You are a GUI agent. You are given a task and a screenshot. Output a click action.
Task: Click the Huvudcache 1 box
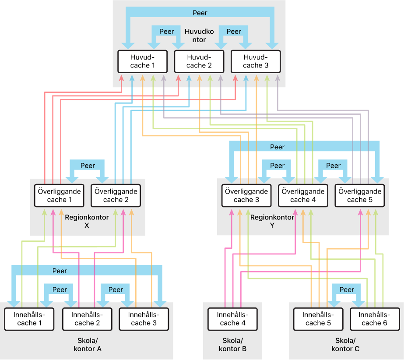point(143,61)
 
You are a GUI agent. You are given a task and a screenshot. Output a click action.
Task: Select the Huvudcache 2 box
point(199,61)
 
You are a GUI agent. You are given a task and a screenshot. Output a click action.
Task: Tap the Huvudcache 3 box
point(256,61)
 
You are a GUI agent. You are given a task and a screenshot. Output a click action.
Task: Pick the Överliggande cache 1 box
point(60,195)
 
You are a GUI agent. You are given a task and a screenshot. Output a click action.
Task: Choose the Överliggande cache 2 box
point(116,195)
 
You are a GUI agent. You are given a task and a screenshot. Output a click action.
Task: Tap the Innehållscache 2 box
point(87,319)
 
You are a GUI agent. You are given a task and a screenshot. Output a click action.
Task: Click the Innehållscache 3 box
point(144,319)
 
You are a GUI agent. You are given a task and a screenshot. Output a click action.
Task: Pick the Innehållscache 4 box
point(232,319)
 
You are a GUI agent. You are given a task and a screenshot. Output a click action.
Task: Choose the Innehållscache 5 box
point(318,319)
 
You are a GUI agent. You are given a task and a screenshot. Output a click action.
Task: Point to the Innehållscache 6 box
point(375,319)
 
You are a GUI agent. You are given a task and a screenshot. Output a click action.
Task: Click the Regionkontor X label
point(87,221)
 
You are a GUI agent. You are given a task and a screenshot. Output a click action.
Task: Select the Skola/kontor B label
point(232,345)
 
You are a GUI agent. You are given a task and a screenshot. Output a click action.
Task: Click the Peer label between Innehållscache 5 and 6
point(347,289)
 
